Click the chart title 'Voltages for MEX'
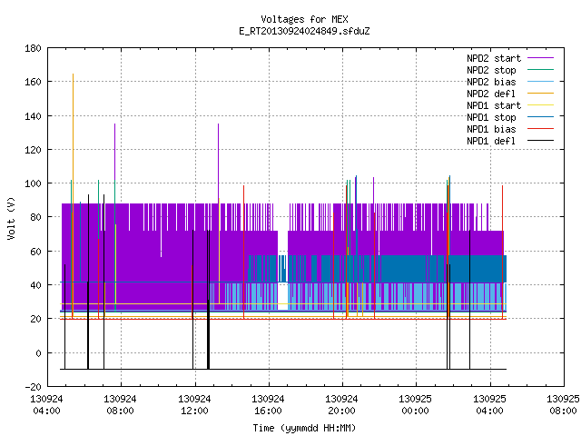coord(304,19)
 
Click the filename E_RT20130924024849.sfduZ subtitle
coord(304,31)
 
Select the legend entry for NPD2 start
coord(510,58)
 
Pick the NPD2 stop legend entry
coord(510,70)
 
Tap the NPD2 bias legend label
coord(491,82)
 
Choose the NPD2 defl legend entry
coord(510,94)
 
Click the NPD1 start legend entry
coord(510,105)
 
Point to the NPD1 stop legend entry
coord(510,117)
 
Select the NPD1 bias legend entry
coord(510,129)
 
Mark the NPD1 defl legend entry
coord(510,142)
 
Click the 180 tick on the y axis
coord(33,48)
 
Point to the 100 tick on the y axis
coord(33,183)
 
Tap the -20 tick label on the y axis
coord(33,387)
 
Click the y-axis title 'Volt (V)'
coord(11,218)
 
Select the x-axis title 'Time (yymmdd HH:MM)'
coord(304,428)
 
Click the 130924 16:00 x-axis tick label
coord(268,405)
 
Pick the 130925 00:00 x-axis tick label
coord(415,405)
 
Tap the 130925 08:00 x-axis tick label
coord(563,405)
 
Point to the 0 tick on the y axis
coord(38,353)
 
